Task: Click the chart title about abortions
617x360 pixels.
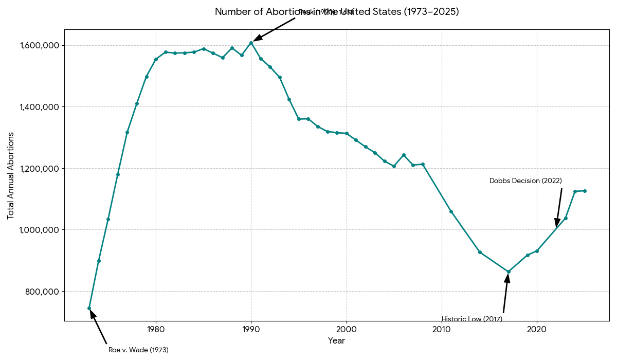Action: pyautogui.click(x=336, y=11)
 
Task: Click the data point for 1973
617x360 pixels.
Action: pyautogui.click(x=89, y=309)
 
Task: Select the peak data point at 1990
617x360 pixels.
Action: pyautogui.click(x=251, y=43)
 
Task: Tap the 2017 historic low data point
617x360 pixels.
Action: pyautogui.click(x=509, y=272)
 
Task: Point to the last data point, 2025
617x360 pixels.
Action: pyautogui.click(x=585, y=191)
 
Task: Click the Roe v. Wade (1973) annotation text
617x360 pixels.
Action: pyautogui.click(x=138, y=350)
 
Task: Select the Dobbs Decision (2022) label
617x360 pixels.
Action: pyautogui.click(x=525, y=181)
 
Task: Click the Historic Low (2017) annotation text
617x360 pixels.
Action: pyautogui.click(x=472, y=319)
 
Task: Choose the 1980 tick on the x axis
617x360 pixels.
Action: pyautogui.click(x=156, y=329)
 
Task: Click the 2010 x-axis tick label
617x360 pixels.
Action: pyautogui.click(x=442, y=329)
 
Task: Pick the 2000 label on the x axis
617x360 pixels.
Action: pyautogui.click(x=347, y=329)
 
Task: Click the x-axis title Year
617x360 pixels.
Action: pyautogui.click(x=336, y=341)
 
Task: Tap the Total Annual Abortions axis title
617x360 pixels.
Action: pyautogui.click(x=11, y=175)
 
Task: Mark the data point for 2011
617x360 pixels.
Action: pyautogui.click(x=451, y=211)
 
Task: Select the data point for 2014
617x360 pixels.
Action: pyautogui.click(x=480, y=252)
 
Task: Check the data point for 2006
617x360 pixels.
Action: pyautogui.click(x=404, y=155)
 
